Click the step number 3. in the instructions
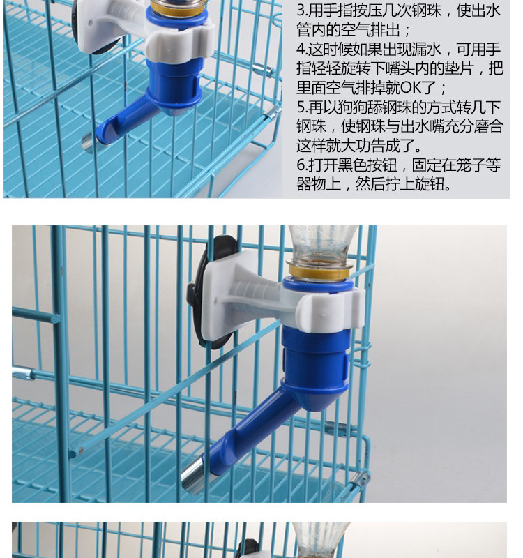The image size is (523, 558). [302, 11]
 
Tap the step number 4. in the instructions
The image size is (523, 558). [302, 50]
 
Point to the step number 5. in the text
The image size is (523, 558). [302, 107]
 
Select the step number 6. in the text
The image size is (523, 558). [302, 165]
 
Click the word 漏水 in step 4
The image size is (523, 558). [424, 50]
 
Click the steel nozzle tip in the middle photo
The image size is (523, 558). [195, 478]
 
